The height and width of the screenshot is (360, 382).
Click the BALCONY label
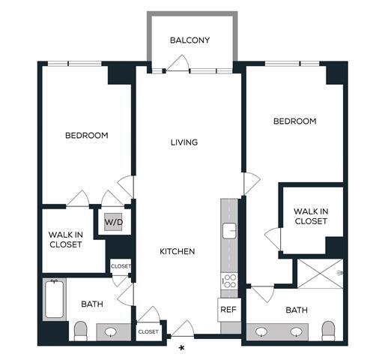pyautogui.click(x=190, y=40)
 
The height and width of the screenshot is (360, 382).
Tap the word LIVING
pyautogui.click(x=184, y=142)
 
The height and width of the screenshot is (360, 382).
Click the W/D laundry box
pyautogui.click(x=112, y=222)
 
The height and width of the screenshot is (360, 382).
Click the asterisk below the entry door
pyautogui.click(x=181, y=348)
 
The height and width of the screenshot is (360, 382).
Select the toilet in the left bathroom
pyautogui.click(x=80, y=330)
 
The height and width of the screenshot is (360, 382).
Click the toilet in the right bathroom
pyautogui.click(x=327, y=330)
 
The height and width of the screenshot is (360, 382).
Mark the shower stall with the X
pyautogui.click(x=320, y=275)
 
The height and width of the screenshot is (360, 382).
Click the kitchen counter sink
pyautogui.click(x=230, y=229)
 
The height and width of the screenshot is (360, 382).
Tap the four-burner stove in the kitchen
pyautogui.click(x=230, y=281)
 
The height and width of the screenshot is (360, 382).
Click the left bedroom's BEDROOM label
pyautogui.click(x=86, y=136)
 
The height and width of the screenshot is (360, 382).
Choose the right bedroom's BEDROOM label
pyautogui.click(x=294, y=121)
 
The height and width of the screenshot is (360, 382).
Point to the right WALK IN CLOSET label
pyautogui.click(x=310, y=216)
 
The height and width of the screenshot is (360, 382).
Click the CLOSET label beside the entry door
pyautogui.click(x=148, y=331)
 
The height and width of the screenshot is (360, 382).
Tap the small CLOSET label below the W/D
pyautogui.click(x=121, y=266)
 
